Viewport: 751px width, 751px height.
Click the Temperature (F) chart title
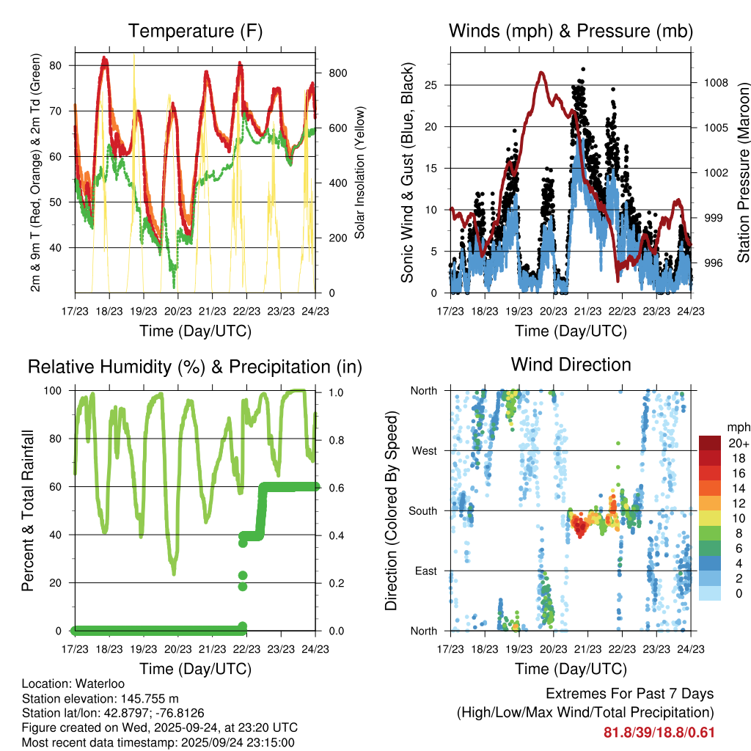pyautogui.click(x=195, y=32)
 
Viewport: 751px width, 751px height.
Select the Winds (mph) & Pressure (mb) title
pyautogui.click(x=571, y=32)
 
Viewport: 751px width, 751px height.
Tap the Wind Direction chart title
pyautogui.click(x=571, y=364)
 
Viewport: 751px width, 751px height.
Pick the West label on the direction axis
pyautogui.click(x=423, y=451)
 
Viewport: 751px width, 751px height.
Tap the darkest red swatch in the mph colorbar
pyautogui.click(x=710, y=443)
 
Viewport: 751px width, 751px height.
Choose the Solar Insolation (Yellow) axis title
pyautogui.click(x=360, y=174)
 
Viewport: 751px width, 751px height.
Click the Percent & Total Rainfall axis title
pyautogui.click(x=28, y=510)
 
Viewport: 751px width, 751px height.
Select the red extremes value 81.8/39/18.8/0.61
pyautogui.click(x=659, y=733)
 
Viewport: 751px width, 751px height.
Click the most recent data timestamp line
pyautogui.click(x=158, y=742)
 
